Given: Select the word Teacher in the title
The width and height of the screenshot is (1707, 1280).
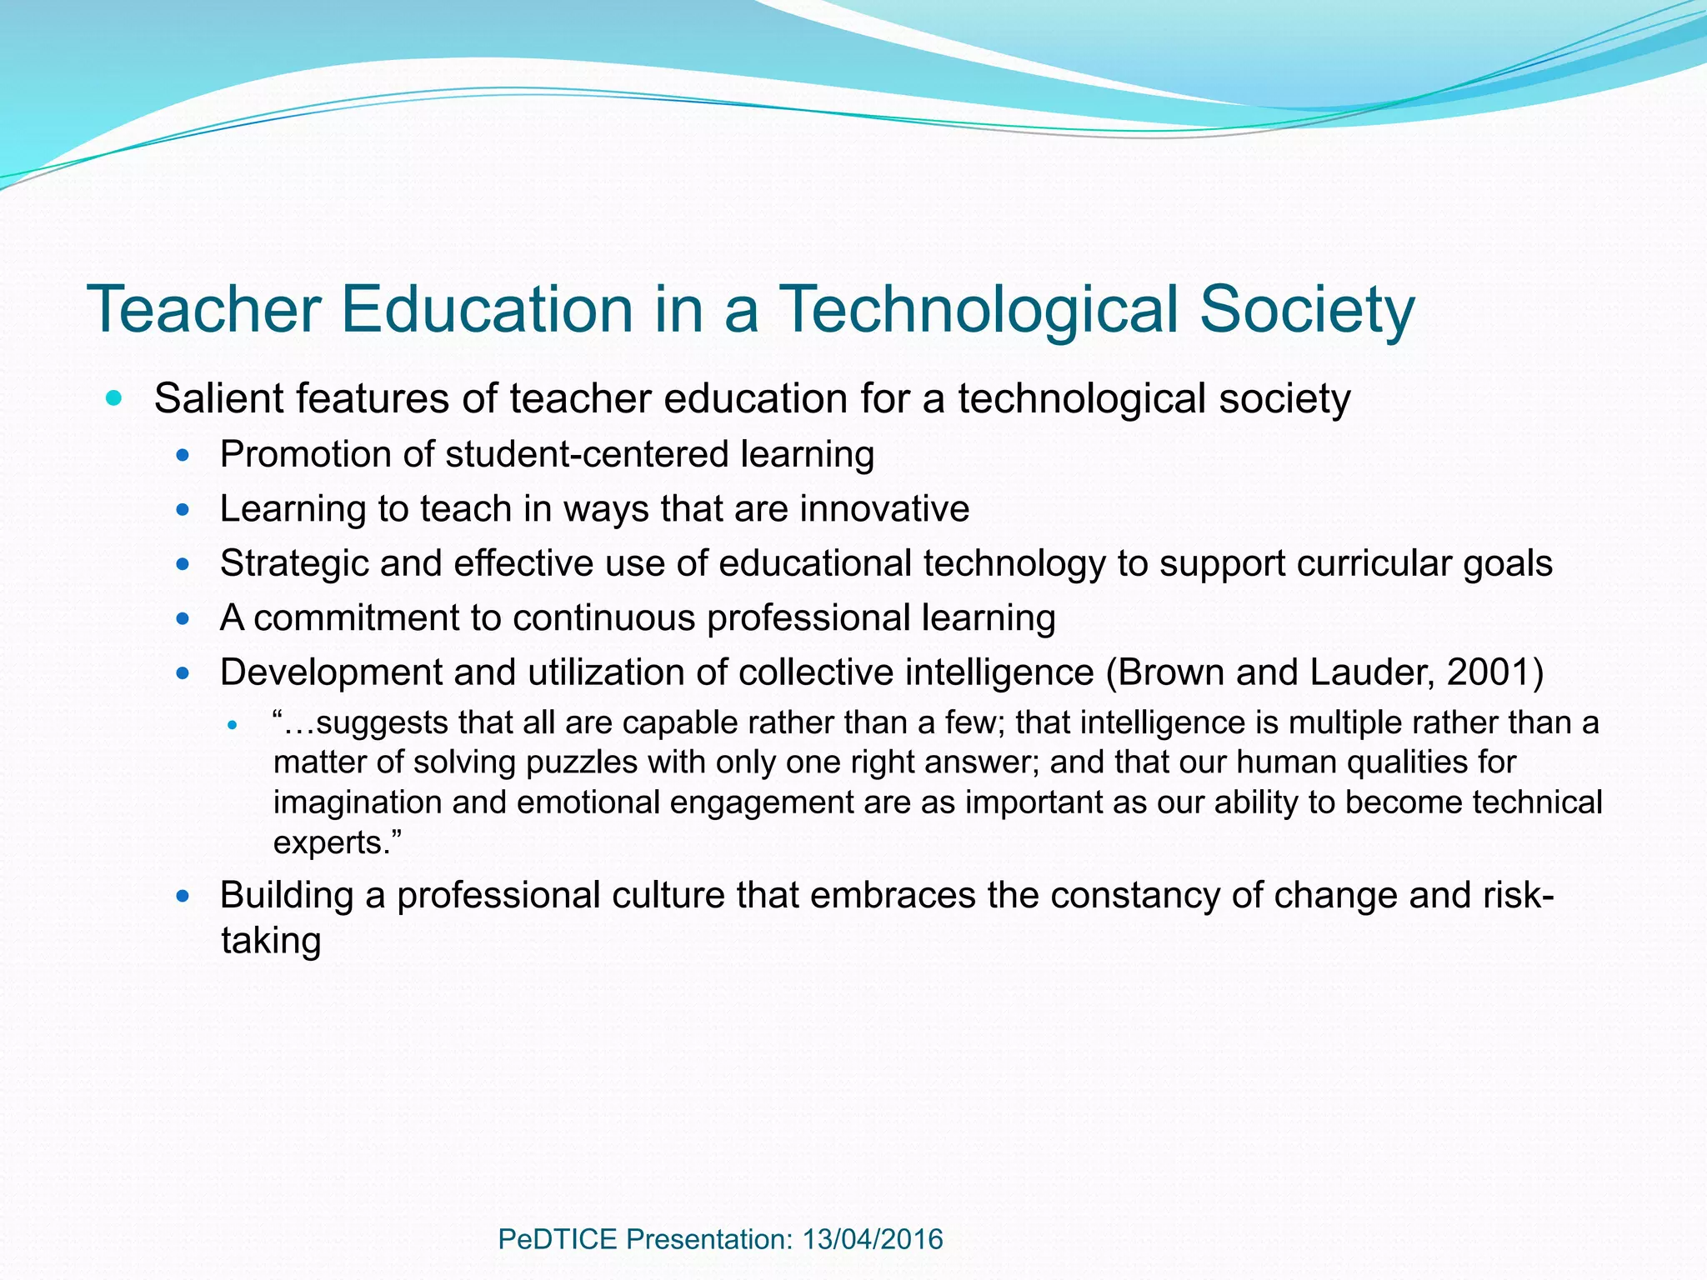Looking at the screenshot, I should point(204,310).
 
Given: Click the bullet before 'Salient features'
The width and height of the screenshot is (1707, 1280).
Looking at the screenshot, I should point(114,397).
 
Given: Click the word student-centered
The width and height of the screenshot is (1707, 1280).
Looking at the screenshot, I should point(588,455).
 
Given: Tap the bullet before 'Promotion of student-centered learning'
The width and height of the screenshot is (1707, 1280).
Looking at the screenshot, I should point(183,456).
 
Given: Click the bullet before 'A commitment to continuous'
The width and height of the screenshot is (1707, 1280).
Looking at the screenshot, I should point(183,619).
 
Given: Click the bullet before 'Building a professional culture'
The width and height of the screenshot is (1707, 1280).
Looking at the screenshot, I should point(183,897).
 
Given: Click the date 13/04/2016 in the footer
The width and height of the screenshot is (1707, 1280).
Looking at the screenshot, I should point(873,1239).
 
